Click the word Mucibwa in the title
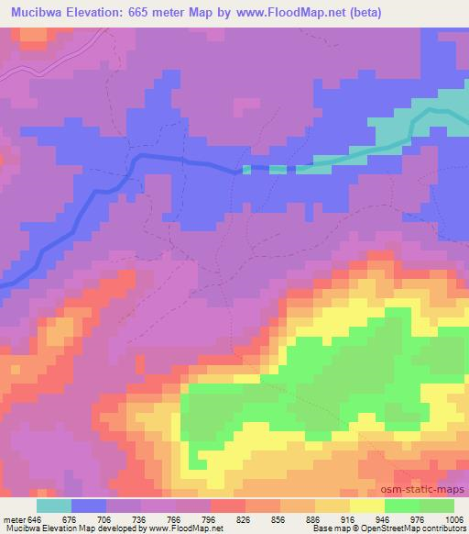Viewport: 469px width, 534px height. point(38,13)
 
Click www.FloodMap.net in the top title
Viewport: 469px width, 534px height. point(289,13)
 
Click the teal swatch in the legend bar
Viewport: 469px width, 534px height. point(54,506)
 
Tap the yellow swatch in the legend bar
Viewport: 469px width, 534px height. point(366,506)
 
